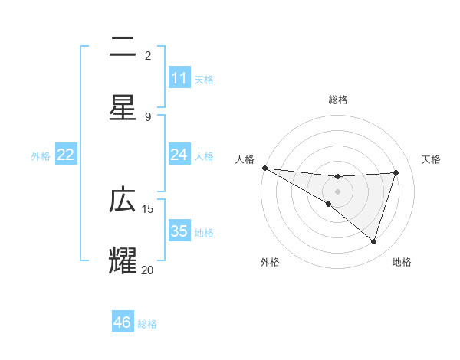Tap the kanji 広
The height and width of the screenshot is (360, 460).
click(123, 200)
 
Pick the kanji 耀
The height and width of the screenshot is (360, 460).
click(123, 260)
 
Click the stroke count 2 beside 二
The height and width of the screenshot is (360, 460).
click(148, 56)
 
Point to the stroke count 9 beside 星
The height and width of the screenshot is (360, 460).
click(148, 116)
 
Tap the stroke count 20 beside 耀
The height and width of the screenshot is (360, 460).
click(148, 270)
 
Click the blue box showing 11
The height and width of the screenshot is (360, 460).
click(179, 78)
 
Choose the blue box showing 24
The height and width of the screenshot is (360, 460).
click(179, 155)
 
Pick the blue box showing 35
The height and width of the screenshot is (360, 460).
click(179, 231)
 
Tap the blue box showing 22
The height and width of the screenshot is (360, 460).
click(66, 155)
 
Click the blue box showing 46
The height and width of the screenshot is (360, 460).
click(123, 322)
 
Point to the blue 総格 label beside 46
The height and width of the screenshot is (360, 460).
click(148, 324)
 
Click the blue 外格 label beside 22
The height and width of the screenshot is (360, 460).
click(41, 156)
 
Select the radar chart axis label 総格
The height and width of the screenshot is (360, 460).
click(337, 100)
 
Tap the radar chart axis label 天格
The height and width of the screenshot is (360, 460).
click(432, 159)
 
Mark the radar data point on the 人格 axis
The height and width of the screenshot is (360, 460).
click(264, 168)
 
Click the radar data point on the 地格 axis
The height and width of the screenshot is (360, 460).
click(374, 242)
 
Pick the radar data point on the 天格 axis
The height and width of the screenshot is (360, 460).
click(396, 172)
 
